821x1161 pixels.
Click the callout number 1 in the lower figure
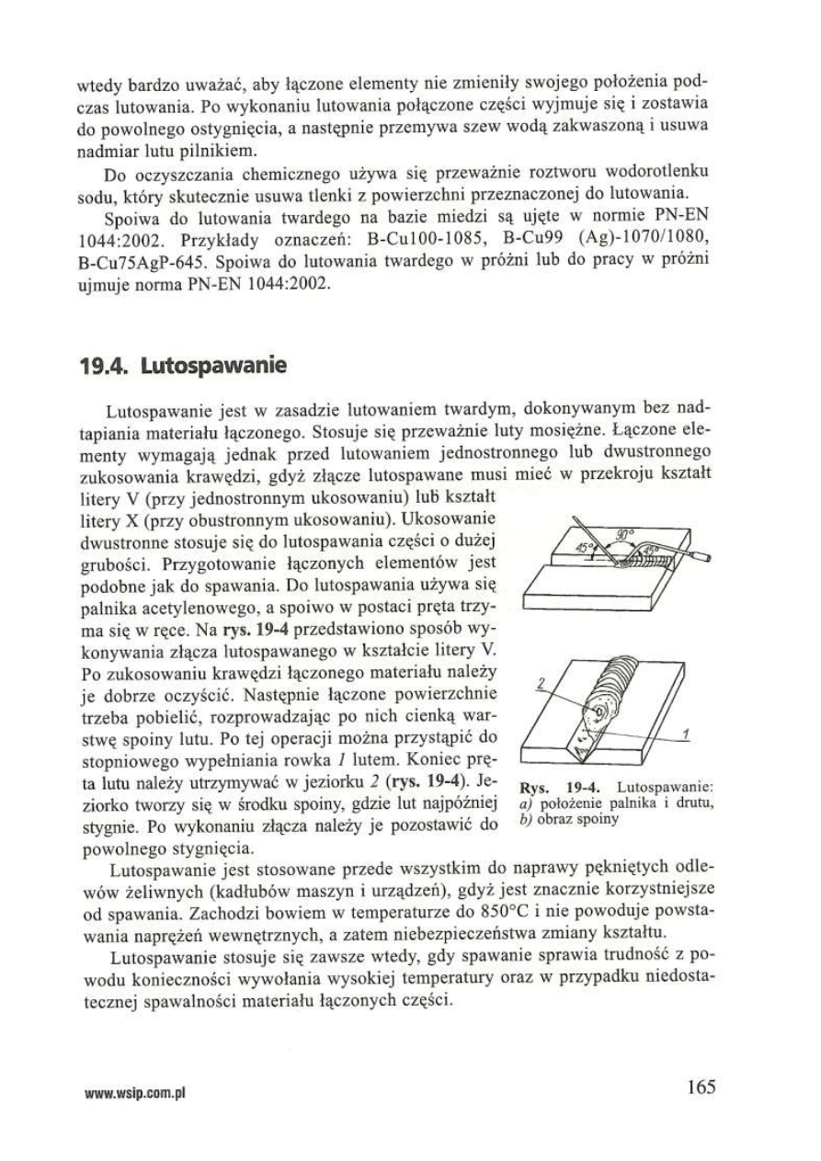pos(688,733)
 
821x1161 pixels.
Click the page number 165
pos(701,1087)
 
